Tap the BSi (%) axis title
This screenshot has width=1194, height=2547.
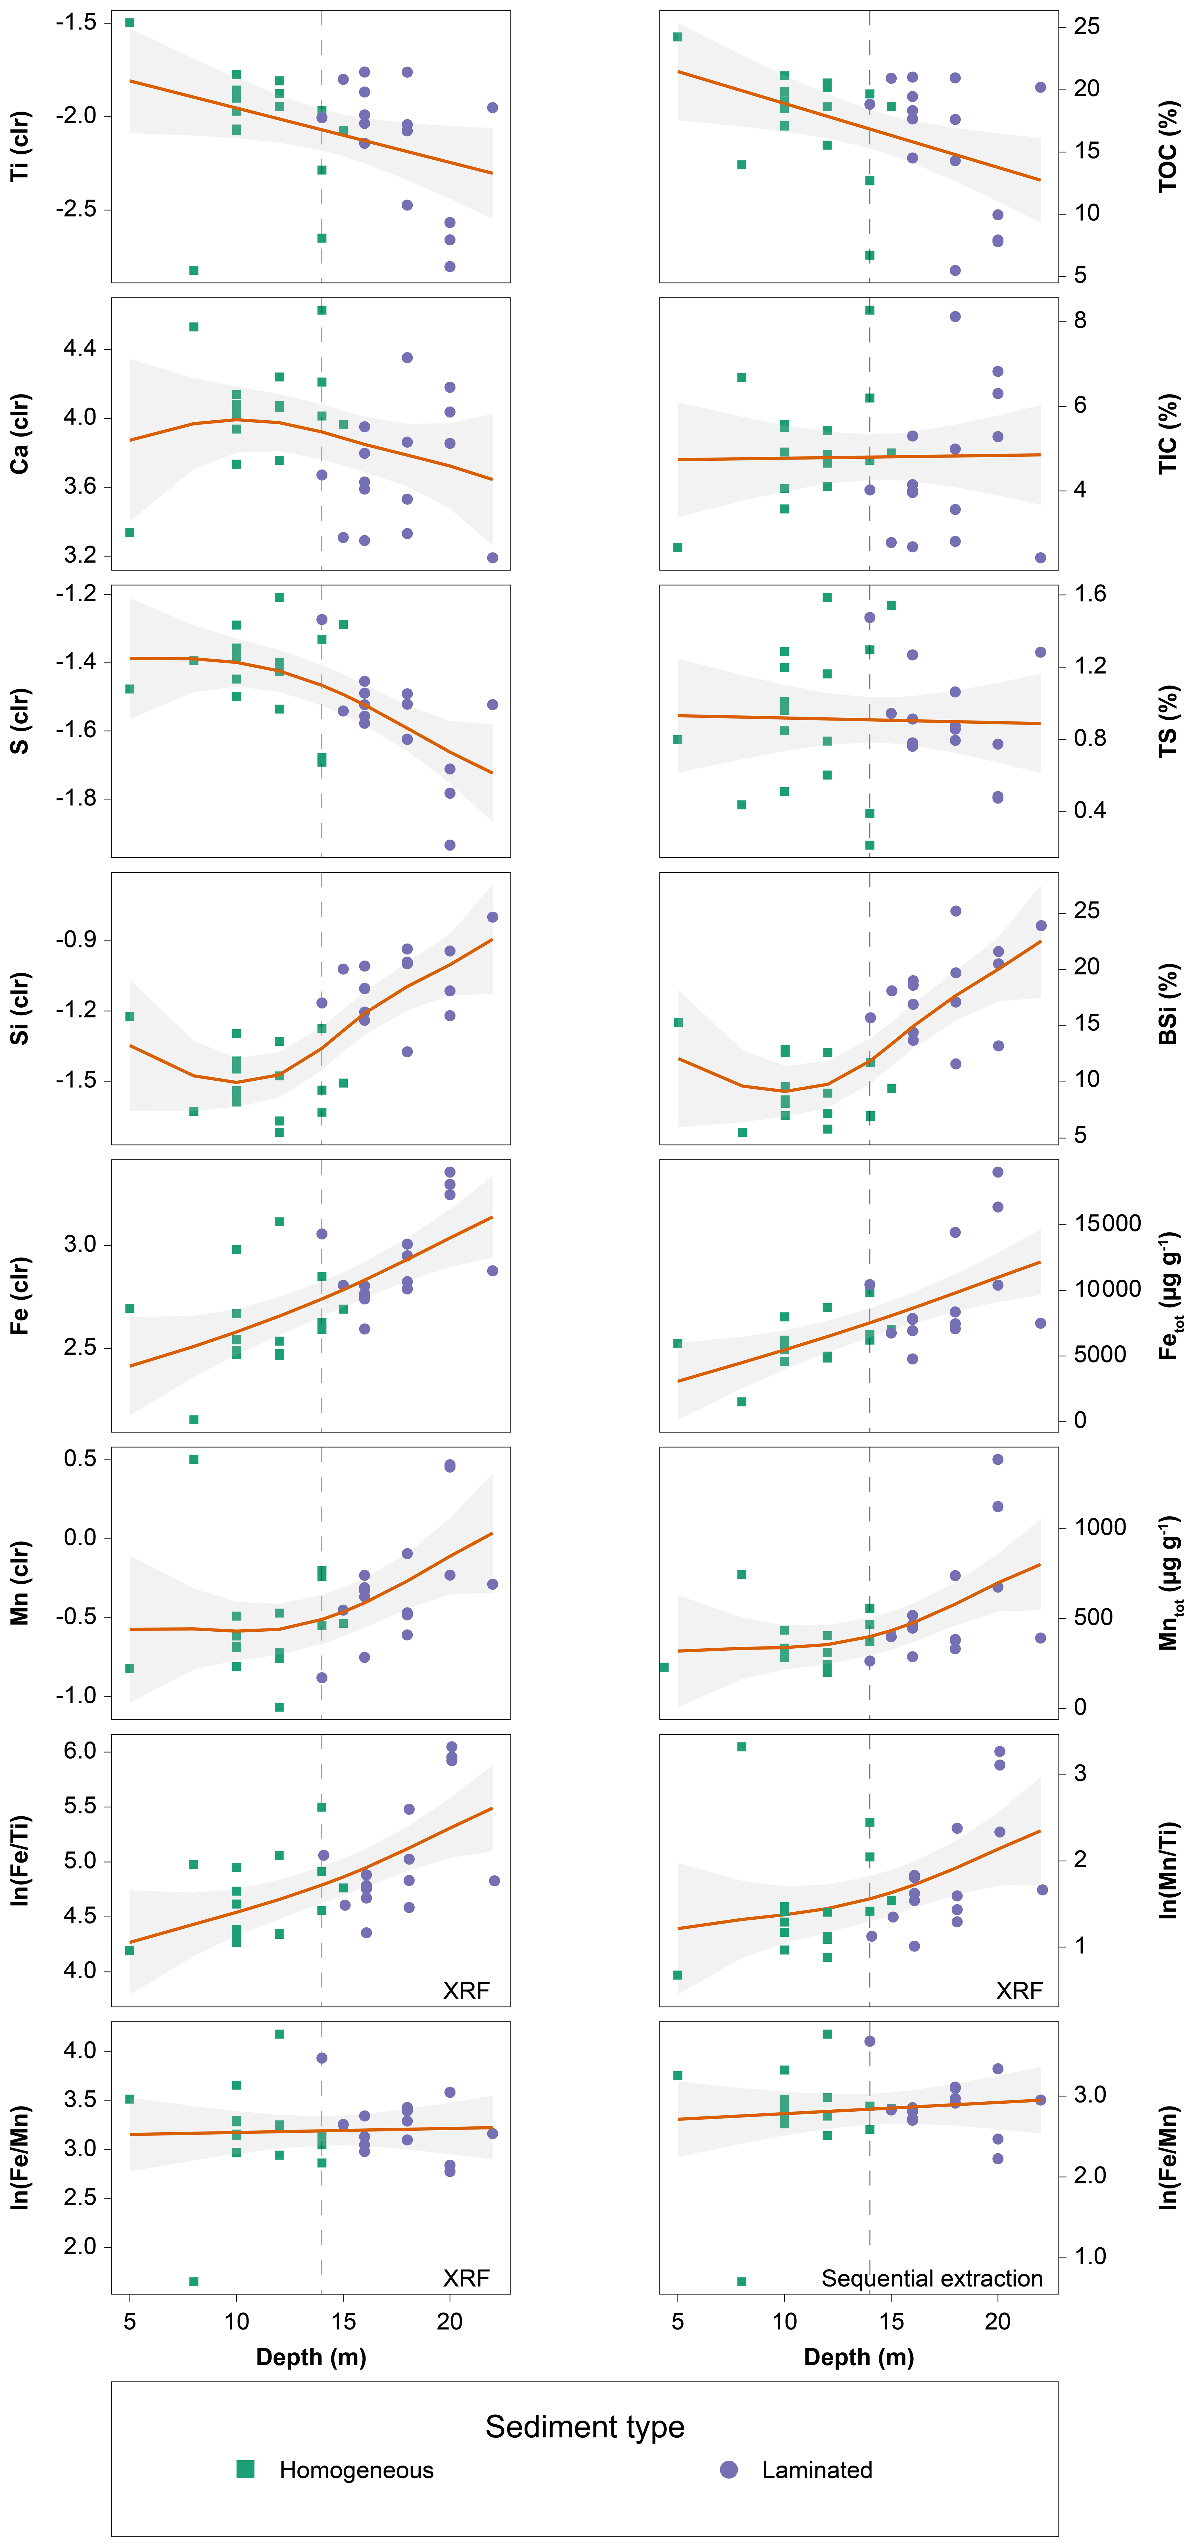point(1168,1004)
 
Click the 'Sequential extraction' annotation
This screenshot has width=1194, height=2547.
point(932,2279)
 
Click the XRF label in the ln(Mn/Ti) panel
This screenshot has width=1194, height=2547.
point(1019,1990)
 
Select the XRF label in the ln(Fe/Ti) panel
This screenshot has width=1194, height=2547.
point(466,1990)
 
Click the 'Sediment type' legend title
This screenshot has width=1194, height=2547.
point(585,2426)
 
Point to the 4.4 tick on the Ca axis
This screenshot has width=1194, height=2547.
point(79,348)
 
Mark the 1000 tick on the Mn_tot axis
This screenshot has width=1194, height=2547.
point(1100,1528)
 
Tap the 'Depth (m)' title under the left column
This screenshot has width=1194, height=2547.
point(311,2357)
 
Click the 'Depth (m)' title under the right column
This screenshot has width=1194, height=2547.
point(859,2357)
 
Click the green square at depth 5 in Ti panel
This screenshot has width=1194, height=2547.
point(130,23)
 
